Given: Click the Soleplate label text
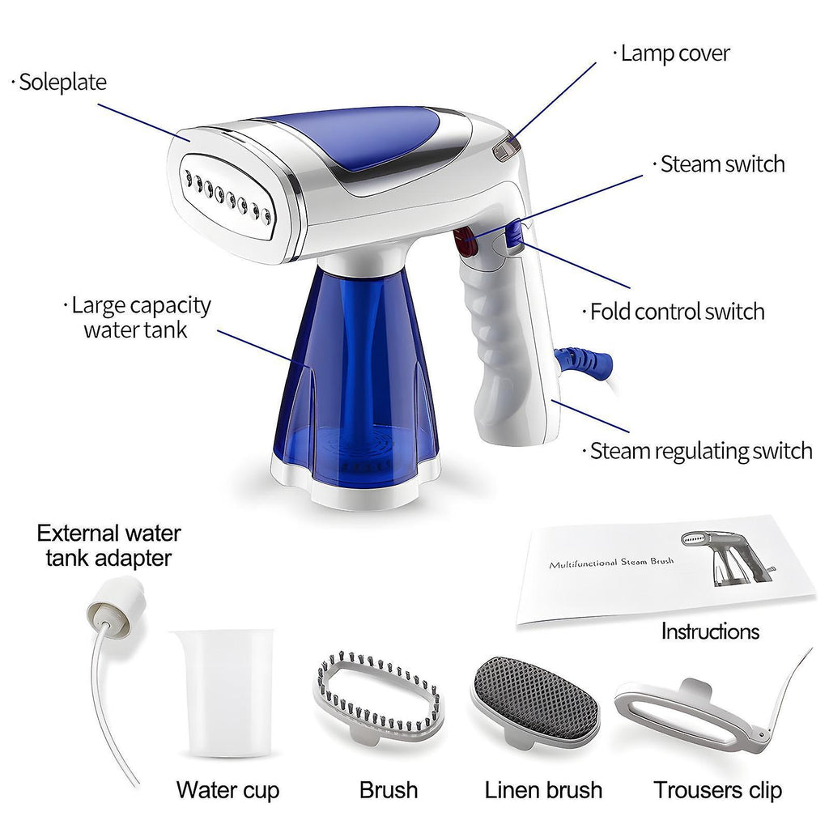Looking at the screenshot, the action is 62,83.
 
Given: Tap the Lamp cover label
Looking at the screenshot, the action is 675,53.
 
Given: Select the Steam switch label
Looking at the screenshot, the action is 722,164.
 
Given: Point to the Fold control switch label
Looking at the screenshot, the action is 678,312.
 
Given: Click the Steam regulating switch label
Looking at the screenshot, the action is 701,452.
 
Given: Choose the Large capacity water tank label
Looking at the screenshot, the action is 141,317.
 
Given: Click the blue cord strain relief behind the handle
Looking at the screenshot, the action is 585,362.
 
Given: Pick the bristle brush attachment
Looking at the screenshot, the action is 379,698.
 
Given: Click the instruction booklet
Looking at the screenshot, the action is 665,570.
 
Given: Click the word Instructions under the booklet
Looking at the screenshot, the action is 710,631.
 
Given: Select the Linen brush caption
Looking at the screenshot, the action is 543,790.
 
